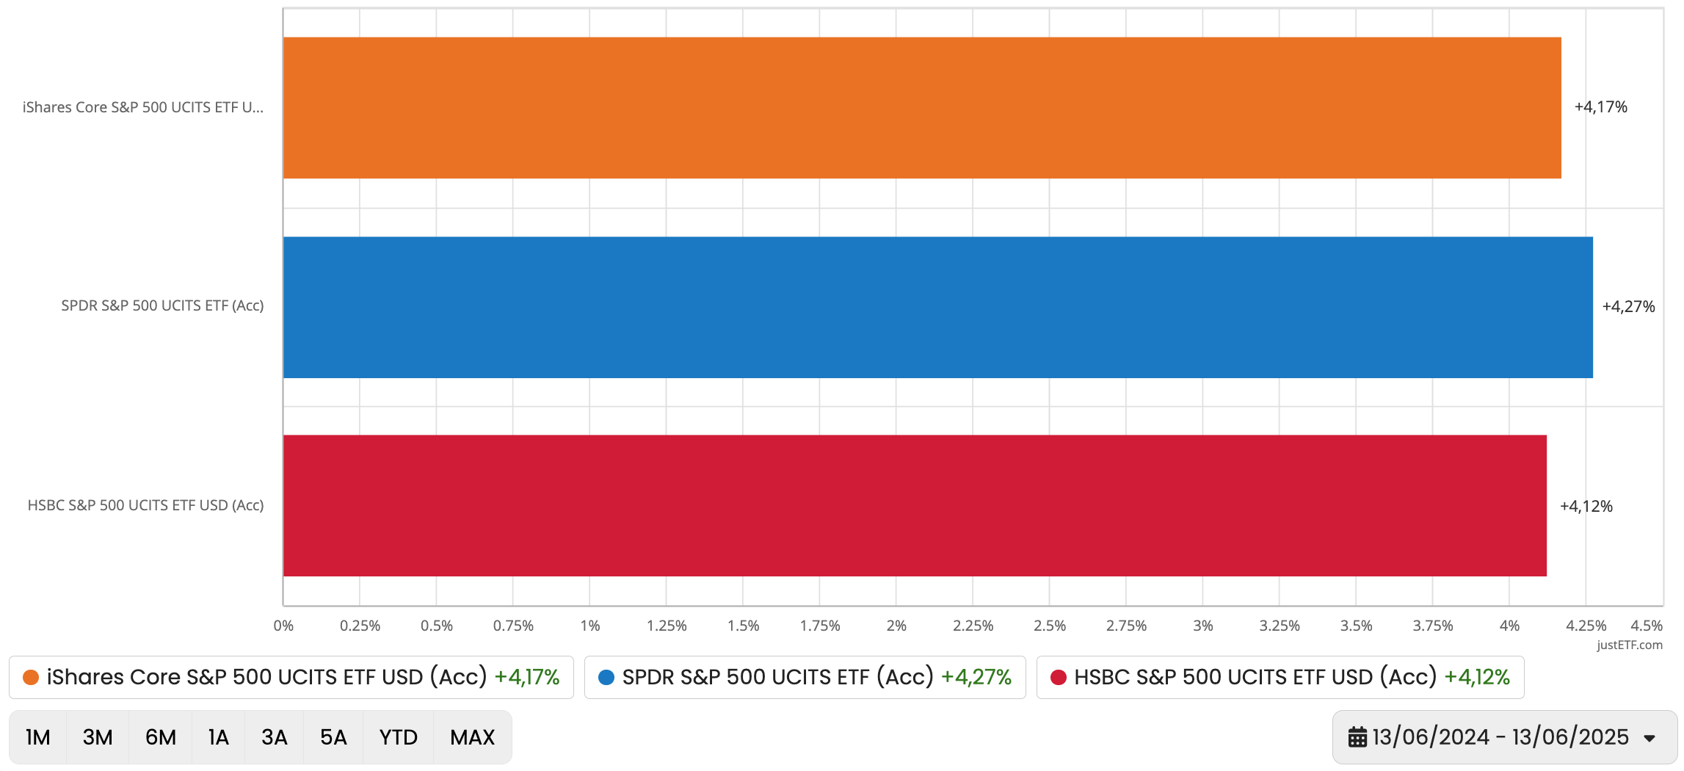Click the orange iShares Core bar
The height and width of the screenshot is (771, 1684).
pyautogui.click(x=921, y=108)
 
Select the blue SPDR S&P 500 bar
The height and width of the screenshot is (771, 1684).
pyautogui.click(x=937, y=307)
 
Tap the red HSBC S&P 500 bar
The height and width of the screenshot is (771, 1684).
pyautogui.click(x=914, y=506)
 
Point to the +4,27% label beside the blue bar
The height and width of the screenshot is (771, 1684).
pyautogui.click(x=1627, y=307)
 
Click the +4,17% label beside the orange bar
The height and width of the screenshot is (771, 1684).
pyautogui.click(x=1600, y=107)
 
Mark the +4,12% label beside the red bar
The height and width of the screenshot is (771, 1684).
pyautogui.click(x=1586, y=507)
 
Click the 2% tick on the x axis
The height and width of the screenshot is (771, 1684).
pyautogui.click(x=896, y=626)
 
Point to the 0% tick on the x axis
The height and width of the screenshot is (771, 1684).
pyautogui.click(x=283, y=626)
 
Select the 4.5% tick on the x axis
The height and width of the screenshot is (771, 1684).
pyautogui.click(x=1646, y=626)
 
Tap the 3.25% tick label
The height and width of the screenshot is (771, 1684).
pyautogui.click(x=1279, y=626)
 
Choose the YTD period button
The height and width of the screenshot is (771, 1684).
pyautogui.click(x=398, y=737)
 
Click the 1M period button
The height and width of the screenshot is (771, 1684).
pyautogui.click(x=38, y=737)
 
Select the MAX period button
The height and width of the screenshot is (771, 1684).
pyautogui.click(x=472, y=737)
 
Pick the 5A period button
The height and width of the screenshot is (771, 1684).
pyautogui.click(x=333, y=737)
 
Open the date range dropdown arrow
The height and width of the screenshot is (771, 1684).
pyautogui.click(x=1649, y=739)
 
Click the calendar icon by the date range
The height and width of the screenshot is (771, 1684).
pyautogui.click(x=1357, y=737)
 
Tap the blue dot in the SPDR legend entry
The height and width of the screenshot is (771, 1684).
pyautogui.click(x=606, y=677)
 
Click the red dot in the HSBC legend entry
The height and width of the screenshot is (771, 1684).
pyautogui.click(x=1058, y=677)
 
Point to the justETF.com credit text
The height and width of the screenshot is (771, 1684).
pyautogui.click(x=1629, y=645)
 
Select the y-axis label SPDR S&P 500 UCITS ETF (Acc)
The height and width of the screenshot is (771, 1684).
pyautogui.click(x=162, y=306)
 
